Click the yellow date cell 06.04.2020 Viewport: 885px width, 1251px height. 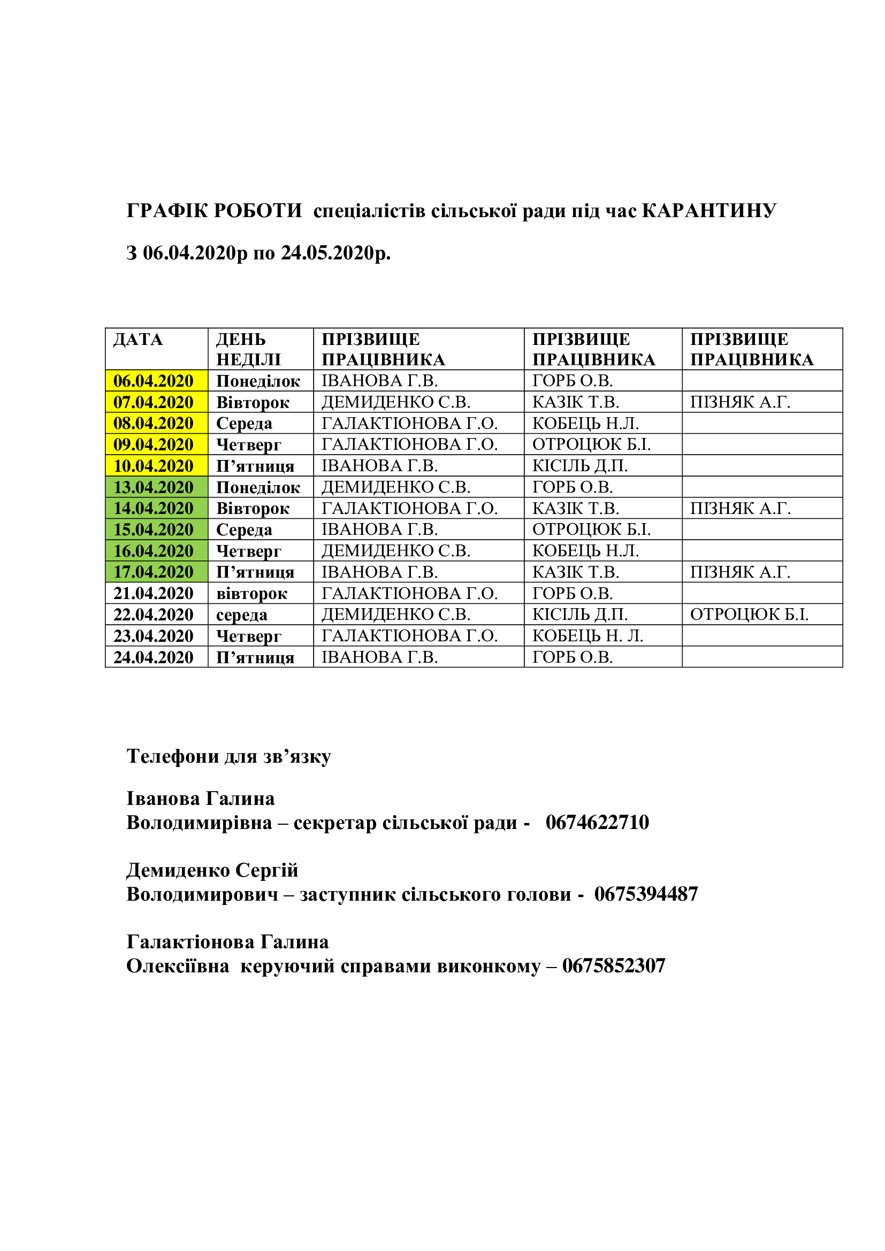point(153,381)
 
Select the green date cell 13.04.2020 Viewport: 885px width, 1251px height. point(153,487)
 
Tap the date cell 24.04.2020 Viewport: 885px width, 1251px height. point(153,657)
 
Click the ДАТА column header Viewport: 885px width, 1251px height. point(138,340)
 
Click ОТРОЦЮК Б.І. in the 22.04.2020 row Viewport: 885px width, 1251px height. point(749,614)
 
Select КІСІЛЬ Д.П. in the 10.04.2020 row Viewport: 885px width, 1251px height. point(580,466)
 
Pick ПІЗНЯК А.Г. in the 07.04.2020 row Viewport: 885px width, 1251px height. point(740,402)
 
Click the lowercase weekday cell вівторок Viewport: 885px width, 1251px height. point(251,593)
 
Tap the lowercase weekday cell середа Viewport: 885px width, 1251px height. point(241,615)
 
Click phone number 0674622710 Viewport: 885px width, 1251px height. point(597,822)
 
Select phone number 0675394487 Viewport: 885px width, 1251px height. point(646,894)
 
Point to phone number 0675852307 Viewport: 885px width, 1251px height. point(614,965)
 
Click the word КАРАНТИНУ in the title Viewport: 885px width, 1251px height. point(709,210)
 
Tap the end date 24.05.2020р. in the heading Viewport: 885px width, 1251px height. point(335,253)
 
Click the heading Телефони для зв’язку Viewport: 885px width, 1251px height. point(229,756)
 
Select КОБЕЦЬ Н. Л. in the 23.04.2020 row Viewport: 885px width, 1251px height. point(588,635)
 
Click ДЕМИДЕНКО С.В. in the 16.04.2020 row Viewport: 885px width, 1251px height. point(395,551)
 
